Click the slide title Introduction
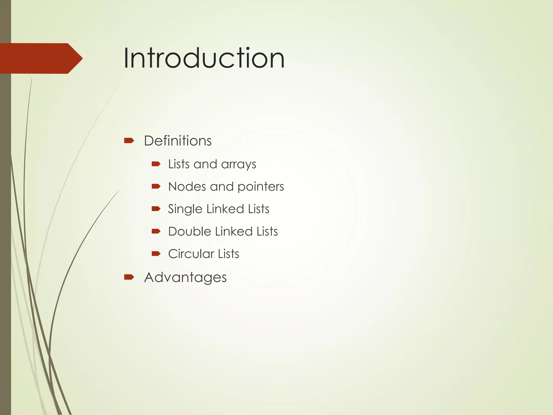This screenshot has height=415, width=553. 204,58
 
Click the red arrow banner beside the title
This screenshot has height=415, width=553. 41,58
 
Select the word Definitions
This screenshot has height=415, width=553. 178,141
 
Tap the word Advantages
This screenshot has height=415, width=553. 185,277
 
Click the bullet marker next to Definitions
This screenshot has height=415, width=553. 129,140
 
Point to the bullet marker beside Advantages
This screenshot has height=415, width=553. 129,277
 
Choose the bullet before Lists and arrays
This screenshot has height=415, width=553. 156,164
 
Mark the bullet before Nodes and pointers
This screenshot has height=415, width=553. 156,186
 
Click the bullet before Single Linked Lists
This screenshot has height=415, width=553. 156,209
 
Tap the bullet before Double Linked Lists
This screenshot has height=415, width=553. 156,231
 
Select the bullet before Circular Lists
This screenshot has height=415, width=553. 156,253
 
